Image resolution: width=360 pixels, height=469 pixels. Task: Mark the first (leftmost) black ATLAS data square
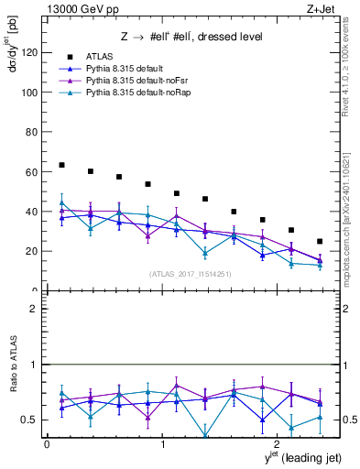(x=61, y=165)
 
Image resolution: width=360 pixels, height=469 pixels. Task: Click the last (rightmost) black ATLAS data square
(x=320, y=241)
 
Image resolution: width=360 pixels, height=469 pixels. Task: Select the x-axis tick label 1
(x=163, y=446)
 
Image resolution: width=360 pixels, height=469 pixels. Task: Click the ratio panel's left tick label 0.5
(x=30, y=420)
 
